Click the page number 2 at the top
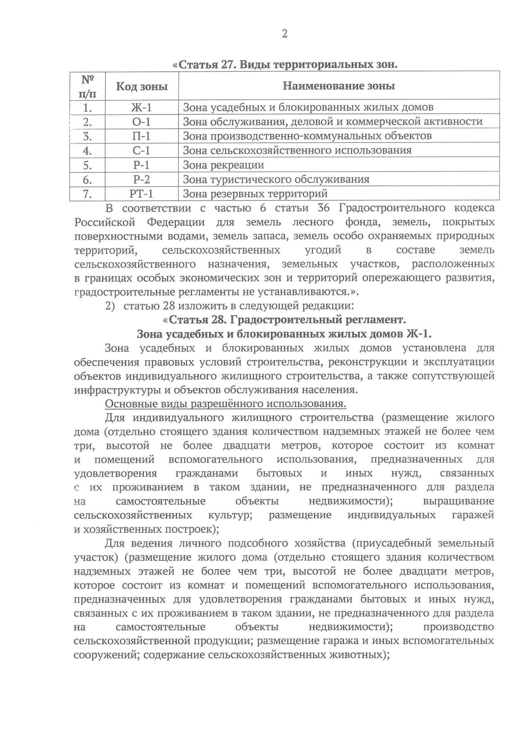(x=285, y=34)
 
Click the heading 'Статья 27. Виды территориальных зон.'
(x=285, y=65)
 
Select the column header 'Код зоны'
(x=142, y=86)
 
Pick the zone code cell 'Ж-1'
(x=142, y=107)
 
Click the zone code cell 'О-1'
(x=142, y=122)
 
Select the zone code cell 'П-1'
(x=142, y=136)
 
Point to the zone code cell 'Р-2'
(x=142, y=179)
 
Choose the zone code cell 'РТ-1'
(x=142, y=193)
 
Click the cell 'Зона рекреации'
(x=223, y=165)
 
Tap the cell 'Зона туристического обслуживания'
(x=276, y=179)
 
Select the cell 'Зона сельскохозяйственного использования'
(x=297, y=150)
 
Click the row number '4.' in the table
(x=88, y=151)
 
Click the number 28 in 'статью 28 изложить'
(x=169, y=306)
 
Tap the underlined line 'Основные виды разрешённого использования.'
(x=226, y=404)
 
